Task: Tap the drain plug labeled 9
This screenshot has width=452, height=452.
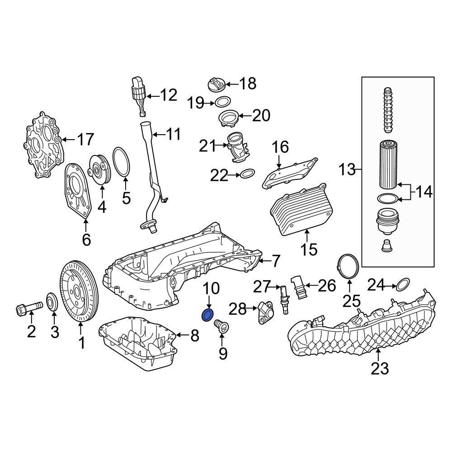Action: (221, 327)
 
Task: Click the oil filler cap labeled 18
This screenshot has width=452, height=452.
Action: (216, 85)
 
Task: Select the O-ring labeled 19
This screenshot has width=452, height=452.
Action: (223, 102)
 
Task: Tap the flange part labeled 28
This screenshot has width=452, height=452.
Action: (263, 312)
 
